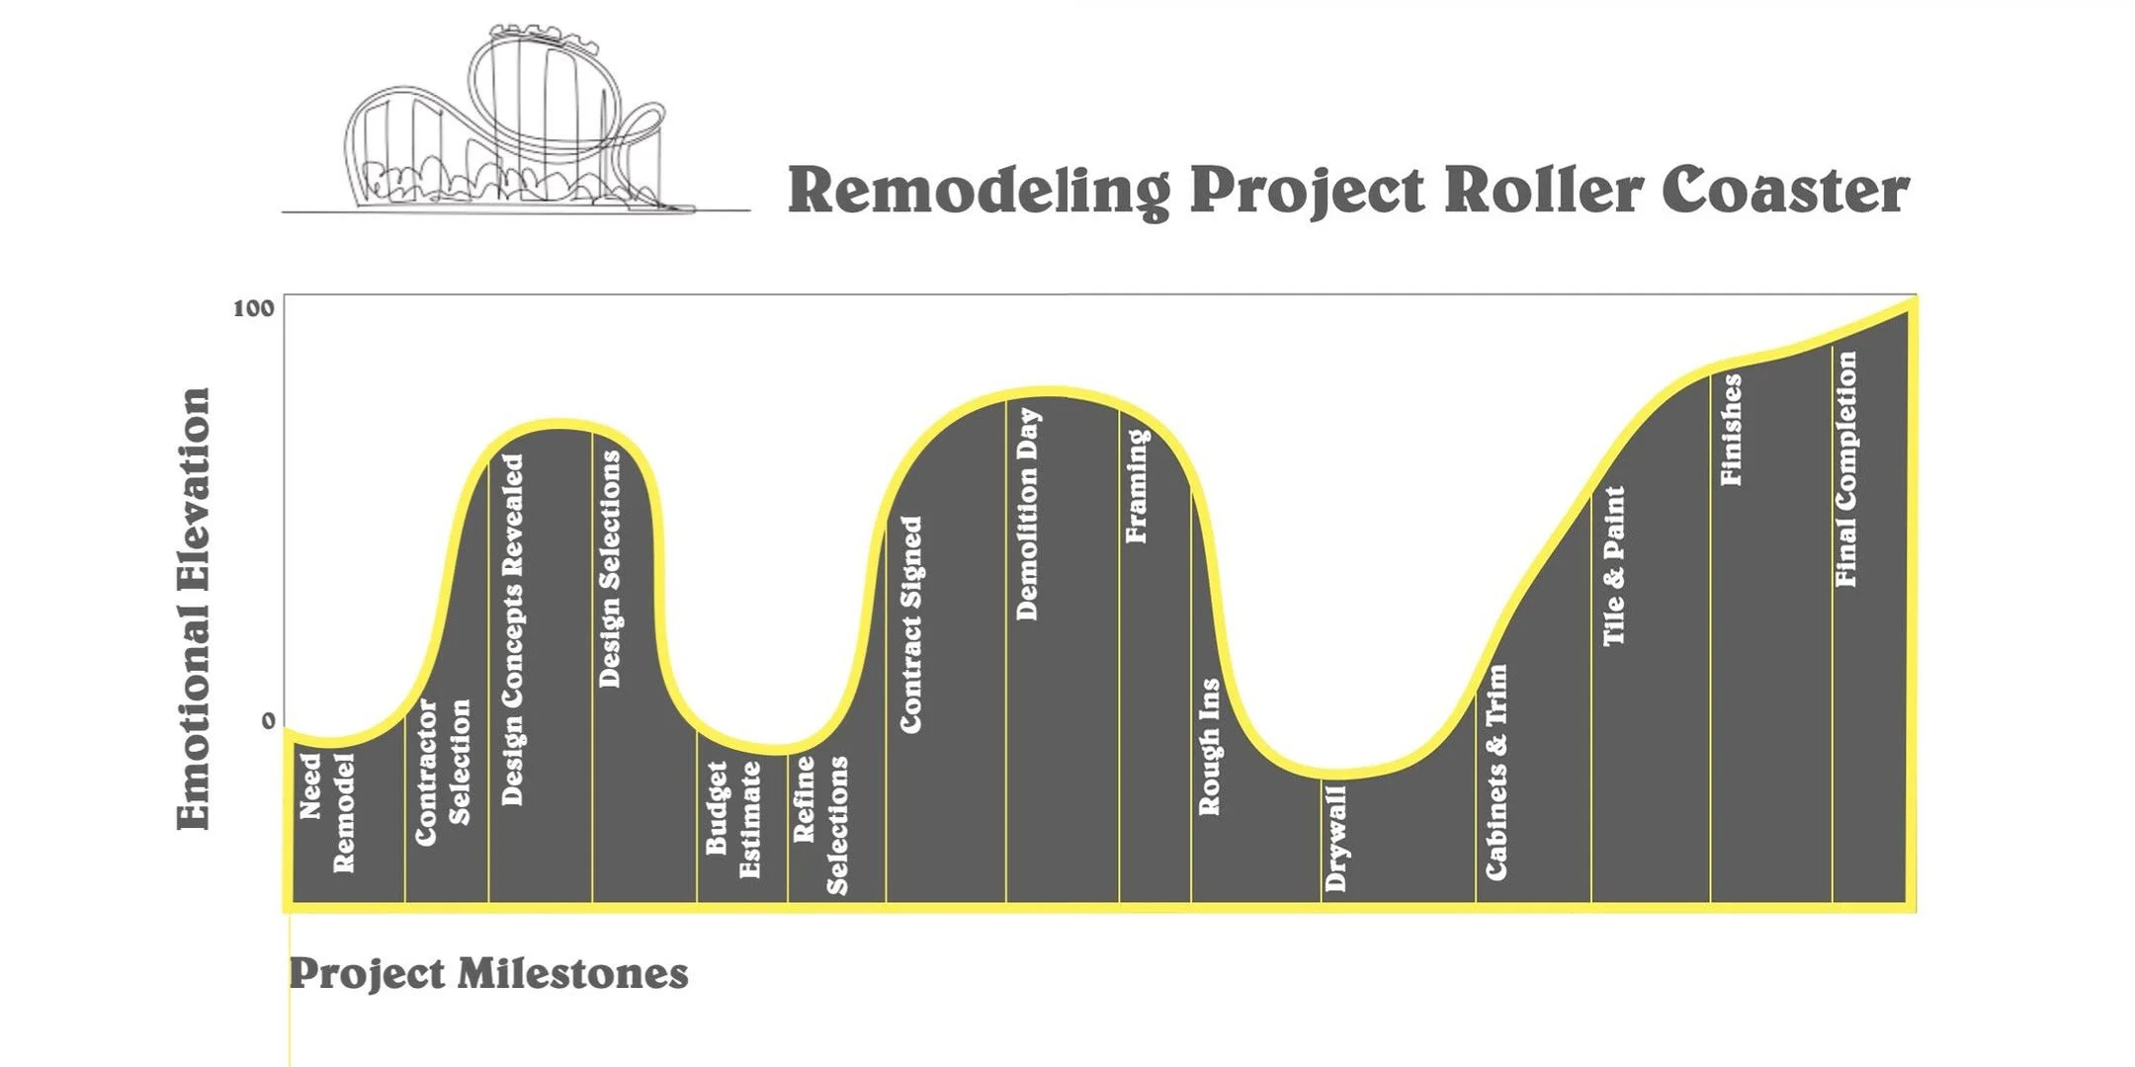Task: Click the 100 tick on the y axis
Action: tap(253, 308)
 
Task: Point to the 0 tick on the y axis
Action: tap(268, 721)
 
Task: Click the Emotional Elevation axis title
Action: tap(194, 609)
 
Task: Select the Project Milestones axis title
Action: tap(488, 974)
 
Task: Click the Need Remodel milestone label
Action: tap(326, 812)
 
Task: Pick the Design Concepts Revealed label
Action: tap(512, 629)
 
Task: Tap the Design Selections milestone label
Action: tap(610, 568)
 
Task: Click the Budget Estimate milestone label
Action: tap(732, 818)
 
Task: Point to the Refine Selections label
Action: tap(820, 824)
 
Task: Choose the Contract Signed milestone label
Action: tap(910, 624)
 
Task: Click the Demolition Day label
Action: tap(1028, 514)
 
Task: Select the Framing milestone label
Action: tap(1137, 485)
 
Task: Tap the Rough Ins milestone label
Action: tap(1209, 746)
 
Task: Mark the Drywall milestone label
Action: tap(1335, 839)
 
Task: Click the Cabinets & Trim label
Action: tap(1496, 772)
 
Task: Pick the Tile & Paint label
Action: tap(1613, 566)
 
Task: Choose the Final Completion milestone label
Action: tap(1845, 469)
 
